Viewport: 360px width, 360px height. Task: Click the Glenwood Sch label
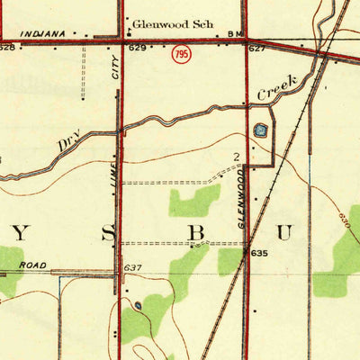173,24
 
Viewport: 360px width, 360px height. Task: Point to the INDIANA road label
43,33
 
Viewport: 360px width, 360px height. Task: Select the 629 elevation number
137,47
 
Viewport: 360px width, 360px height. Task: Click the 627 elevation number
257,47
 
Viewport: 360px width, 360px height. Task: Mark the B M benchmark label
236,34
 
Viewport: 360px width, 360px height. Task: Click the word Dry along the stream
69,141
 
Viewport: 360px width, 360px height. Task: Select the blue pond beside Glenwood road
261,130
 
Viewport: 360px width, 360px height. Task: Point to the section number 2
237,157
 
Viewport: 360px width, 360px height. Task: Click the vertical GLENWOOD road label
242,199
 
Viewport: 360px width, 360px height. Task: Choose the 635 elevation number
260,254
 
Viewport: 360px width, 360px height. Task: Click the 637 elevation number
134,267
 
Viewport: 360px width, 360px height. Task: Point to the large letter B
196,233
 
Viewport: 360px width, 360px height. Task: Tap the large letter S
108,234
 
